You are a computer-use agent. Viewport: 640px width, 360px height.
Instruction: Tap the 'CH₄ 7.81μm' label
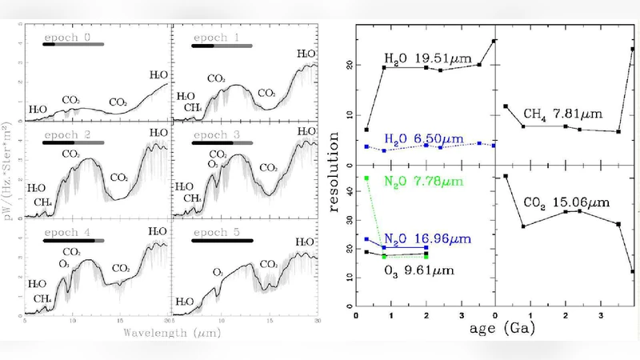(x=562, y=113)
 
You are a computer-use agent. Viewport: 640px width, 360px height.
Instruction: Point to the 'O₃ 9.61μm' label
(x=419, y=270)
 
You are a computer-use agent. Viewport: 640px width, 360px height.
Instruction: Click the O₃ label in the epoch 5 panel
(x=218, y=272)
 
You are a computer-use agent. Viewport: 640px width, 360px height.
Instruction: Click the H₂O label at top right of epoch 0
(x=159, y=74)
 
